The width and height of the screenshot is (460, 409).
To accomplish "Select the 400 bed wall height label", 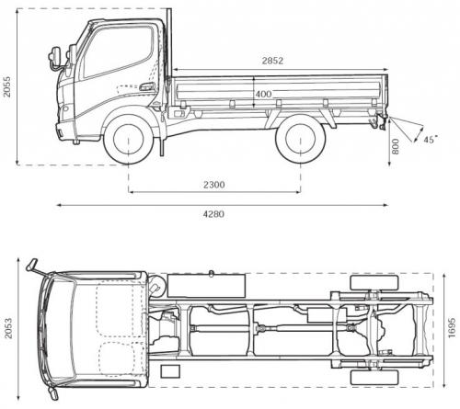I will point(264,94).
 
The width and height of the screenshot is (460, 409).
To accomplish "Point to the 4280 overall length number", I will point(214,213).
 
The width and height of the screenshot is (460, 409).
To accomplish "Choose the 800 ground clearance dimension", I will point(396,144).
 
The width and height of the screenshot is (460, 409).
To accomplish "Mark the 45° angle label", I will point(430,140).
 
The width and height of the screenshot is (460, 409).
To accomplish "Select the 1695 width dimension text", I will point(450,327).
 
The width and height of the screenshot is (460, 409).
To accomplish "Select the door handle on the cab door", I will point(146,87).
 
